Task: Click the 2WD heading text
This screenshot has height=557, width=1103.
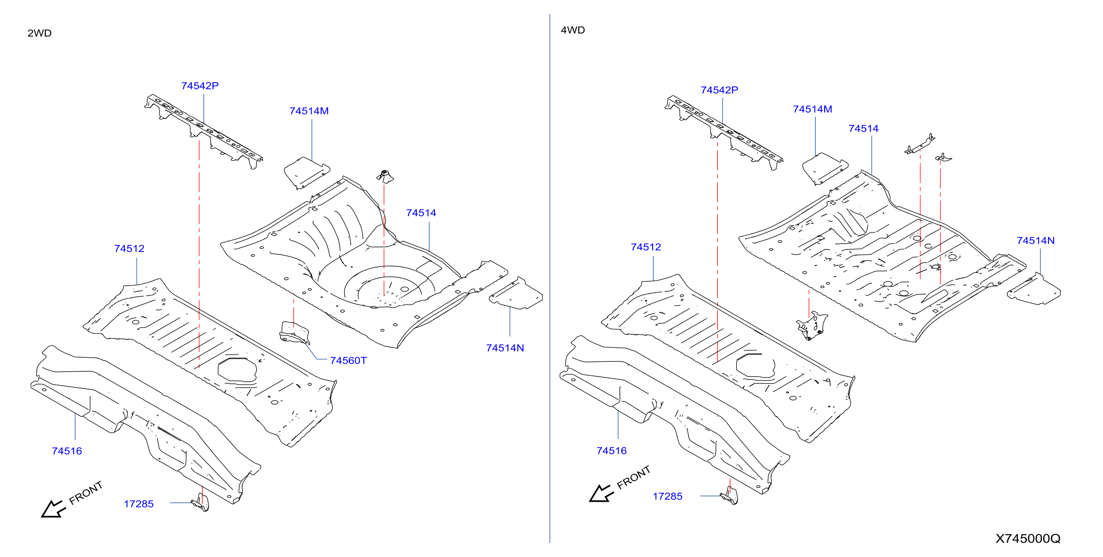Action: coord(39,33)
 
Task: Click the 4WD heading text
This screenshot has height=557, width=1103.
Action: coord(573,30)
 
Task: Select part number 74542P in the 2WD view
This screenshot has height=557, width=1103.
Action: coord(200,86)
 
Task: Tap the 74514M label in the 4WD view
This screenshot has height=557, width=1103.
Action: coord(812,109)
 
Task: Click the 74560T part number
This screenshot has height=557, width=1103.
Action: coord(348,360)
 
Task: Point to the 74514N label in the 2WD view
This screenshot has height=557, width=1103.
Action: coord(505,348)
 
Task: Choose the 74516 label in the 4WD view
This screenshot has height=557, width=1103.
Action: coord(612,451)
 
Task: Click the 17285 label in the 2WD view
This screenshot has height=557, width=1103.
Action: coord(139,504)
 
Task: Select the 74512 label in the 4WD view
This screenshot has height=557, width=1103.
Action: coord(646,247)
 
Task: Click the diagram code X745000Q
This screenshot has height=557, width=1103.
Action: coord(1028,539)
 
